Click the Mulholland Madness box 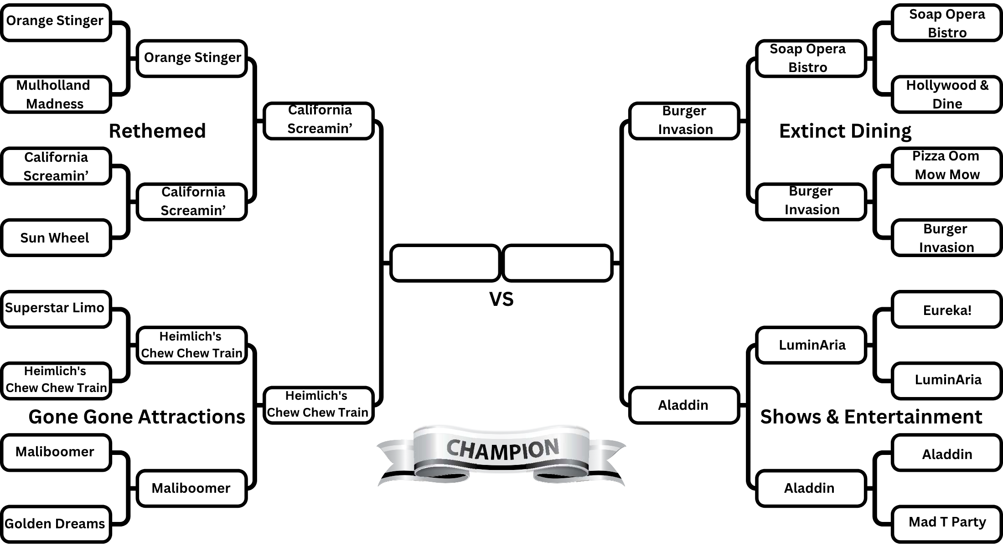(56, 94)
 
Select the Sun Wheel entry (56, 238)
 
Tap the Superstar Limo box (56, 309)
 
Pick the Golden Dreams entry (56, 524)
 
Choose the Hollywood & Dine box (946, 94)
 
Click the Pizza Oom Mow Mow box (946, 165)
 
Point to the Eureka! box (946, 310)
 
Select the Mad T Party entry (946, 522)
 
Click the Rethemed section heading (157, 131)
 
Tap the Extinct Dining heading (845, 131)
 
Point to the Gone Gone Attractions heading (137, 417)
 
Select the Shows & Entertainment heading (871, 417)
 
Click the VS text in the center (501, 299)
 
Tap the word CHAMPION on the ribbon (502, 449)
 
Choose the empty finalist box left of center (445, 263)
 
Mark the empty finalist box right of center (557, 263)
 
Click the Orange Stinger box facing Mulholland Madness (56, 22)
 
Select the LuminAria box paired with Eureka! (946, 380)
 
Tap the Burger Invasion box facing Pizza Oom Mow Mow (946, 238)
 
